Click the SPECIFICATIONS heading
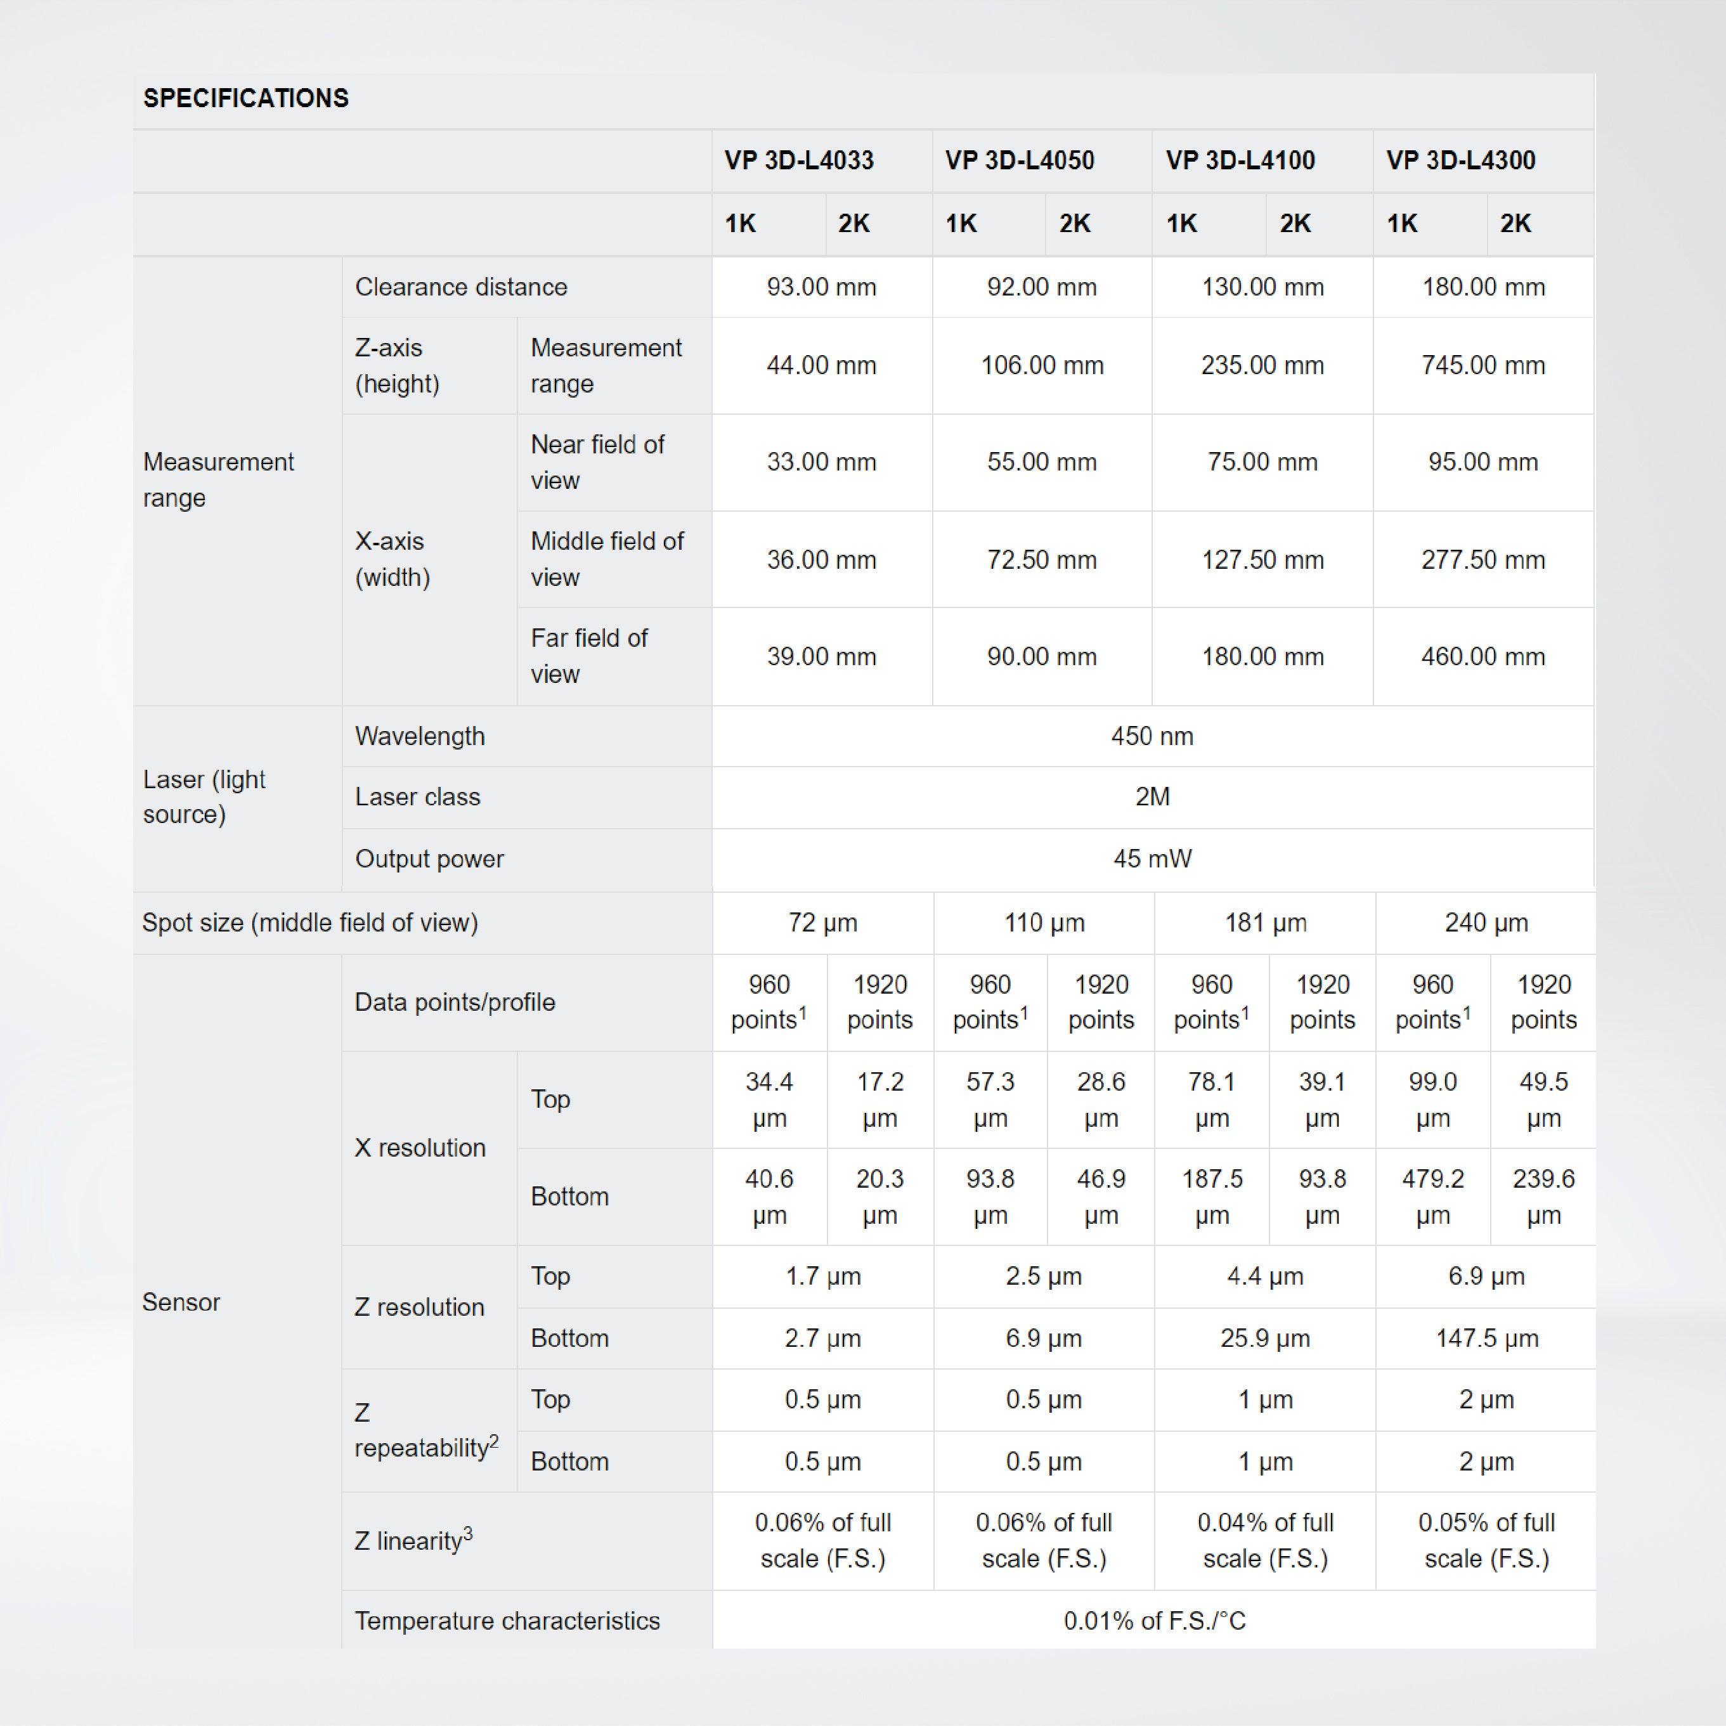pyautogui.click(x=245, y=98)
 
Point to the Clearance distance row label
pyautogui.click(x=461, y=287)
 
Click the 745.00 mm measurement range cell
pyautogui.click(x=1483, y=365)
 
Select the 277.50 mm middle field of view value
pyautogui.click(x=1483, y=560)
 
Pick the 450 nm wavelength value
pyautogui.click(x=1152, y=736)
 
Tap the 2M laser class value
pyautogui.click(x=1152, y=797)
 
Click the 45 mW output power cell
pyautogui.click(x=1152, y=859)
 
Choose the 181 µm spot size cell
pyautogui.click(x=1265, y=922)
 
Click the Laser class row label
pyautogui.click(x=417, y=797)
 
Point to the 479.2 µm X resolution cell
pyautogui.click(x=1433, y=1197)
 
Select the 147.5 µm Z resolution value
pyautogui.click(x=1486, y=1339)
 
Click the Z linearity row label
pyautogui.click(x=413, y=1541)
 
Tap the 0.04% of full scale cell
pyautogui.click(x=1265, y=1540)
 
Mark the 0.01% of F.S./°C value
pyautogui.click(x=1153, y=1621)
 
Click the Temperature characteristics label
pyautogui.click(x=507, y=1621)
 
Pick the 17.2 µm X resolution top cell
pyautogui.click(x=880, y=1099)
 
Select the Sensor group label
pyautogui.click(x=181, y=1302)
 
